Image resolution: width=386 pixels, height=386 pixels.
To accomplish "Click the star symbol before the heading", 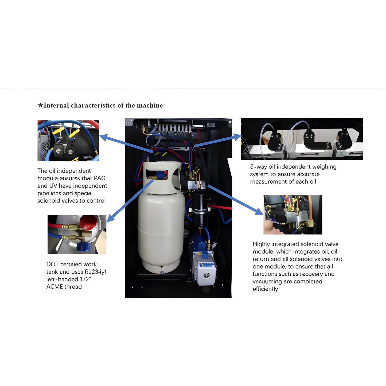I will tap(40, 105).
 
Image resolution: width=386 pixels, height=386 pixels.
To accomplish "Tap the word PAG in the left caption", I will tap(100, 178).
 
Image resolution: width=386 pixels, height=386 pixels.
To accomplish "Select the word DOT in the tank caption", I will tap(52, 264).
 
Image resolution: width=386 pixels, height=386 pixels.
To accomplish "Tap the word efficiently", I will tap(265, 289).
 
